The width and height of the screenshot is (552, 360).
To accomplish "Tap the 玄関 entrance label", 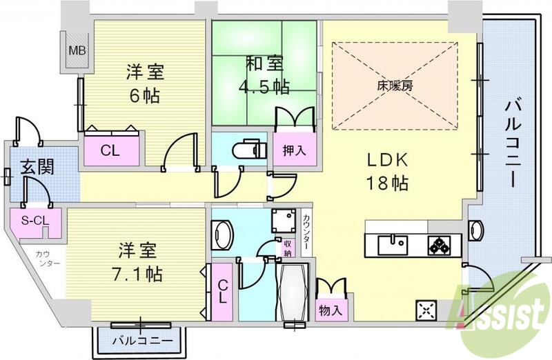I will click(33, 167).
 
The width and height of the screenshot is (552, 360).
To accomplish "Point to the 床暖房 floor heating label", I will click(394, 87).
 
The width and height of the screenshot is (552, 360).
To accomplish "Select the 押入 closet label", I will click(295, 151).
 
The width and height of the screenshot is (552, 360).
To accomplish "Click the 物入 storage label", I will click(330, 310).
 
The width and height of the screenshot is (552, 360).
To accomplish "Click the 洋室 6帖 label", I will click(143, 83).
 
